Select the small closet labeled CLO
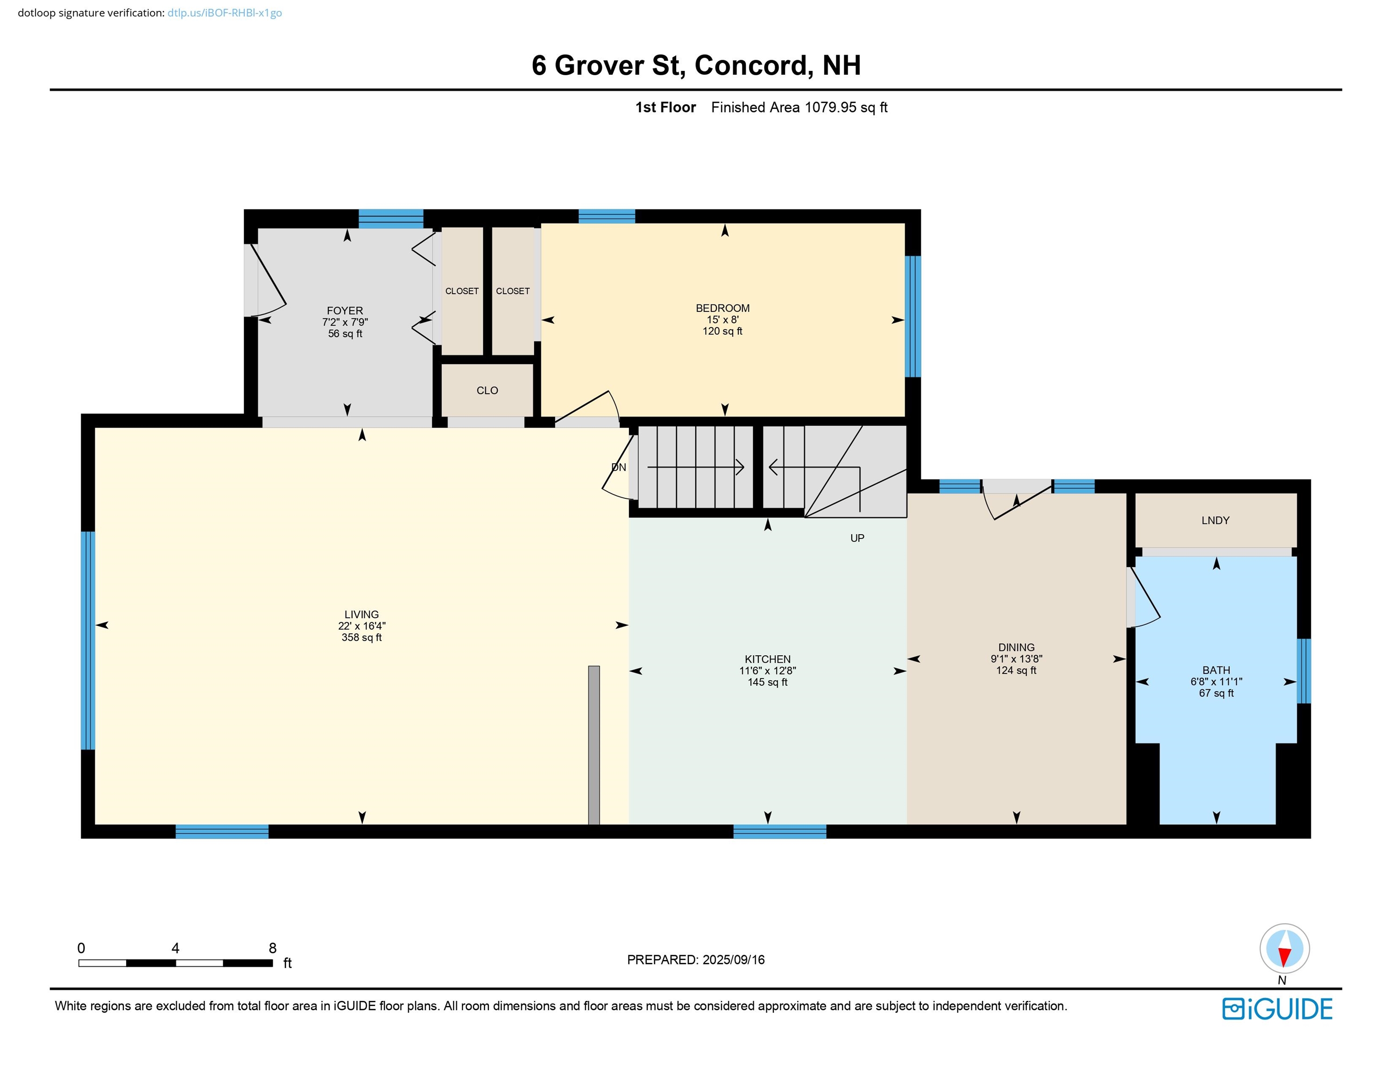pos(487,390)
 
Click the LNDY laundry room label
pos(1215,520)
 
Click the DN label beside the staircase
pos(618,467)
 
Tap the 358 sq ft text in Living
pos(361,637)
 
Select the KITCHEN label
pos(767,659)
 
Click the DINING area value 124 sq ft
pos(1016,670)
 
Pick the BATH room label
pos(1215,670)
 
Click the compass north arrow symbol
pos(1284,949)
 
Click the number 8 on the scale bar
pos(273,948)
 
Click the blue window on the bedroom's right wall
pos(913,316)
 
